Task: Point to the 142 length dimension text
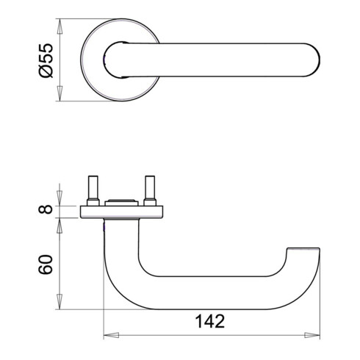pos(211,322)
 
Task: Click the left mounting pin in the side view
pos(95,191)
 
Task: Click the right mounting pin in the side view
pos(151,191)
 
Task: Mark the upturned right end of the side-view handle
pos(304,253)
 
